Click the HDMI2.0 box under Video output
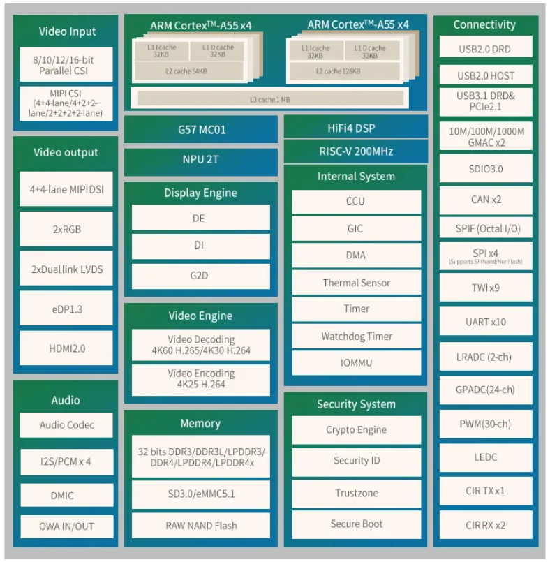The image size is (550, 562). click(66, 348)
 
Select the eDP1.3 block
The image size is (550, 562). click(66, 309)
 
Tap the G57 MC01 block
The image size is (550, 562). click(201, 130)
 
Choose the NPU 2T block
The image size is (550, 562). click(201, 159)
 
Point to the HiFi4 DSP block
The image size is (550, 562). click(356, 128)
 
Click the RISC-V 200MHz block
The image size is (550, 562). click(356, 151)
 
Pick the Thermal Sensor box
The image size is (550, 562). click(356, 283)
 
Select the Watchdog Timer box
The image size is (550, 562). click(356, 337)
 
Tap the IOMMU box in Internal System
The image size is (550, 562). click(356, 363)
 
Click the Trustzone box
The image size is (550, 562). click(356, 493)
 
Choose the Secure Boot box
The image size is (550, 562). click(356, 524)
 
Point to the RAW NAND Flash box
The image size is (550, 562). click(201, 526)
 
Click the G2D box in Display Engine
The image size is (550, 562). click(201, 276)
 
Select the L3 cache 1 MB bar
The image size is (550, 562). click(270, 99)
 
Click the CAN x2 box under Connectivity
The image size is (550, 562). click(485, 200)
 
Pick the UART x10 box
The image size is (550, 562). click(485, 322)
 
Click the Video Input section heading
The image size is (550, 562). click(67, 31)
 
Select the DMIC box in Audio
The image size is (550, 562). click(66, 496)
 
